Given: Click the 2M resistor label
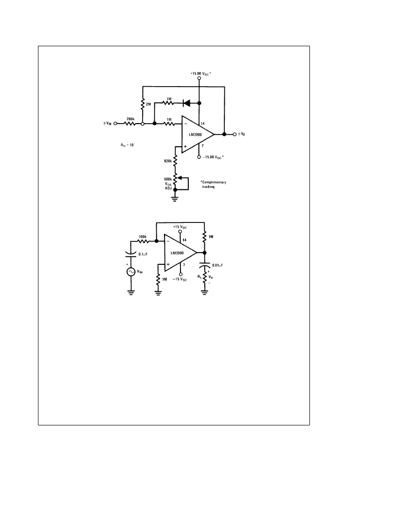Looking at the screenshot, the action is [148, 104].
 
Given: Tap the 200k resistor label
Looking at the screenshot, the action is [130, 119].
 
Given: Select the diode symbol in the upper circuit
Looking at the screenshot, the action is [187, 103].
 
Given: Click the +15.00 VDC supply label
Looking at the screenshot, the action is [200, 73].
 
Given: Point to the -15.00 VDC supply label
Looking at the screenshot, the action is [213, 157].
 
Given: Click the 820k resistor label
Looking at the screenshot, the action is [168, 161].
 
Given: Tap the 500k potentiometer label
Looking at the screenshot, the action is [168, 179].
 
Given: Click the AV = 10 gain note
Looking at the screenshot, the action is [127, 145].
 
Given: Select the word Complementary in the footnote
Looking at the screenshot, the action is [214, 182].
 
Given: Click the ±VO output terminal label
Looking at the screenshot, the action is [241, 134].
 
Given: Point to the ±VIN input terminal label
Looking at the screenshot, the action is [108, 124].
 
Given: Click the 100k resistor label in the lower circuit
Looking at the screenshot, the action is [143, 237].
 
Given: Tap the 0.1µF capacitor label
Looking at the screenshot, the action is [143, 254].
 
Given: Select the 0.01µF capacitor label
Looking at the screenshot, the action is [217, 265].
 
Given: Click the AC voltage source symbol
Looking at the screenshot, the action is [131, 272].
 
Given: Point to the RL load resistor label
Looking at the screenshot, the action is [199, 276].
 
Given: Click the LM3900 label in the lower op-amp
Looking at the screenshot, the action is [177, 253].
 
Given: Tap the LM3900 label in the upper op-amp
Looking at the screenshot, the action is [196, 134].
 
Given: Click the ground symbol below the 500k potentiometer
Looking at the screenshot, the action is [175, 198].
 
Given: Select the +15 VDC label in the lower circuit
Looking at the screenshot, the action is [180, 227].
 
